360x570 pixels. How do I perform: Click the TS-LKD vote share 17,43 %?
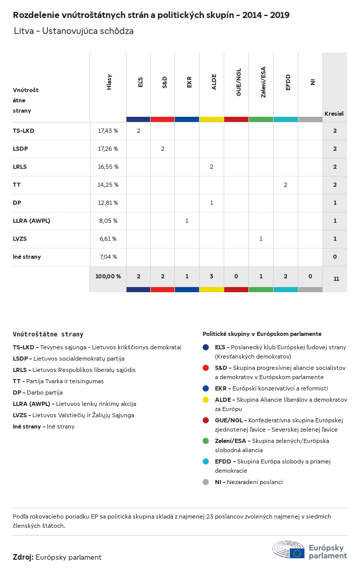[x=108, y=131]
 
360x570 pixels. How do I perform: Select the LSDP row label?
[x=21, y=149]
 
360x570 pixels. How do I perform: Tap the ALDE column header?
[x=214, y=82]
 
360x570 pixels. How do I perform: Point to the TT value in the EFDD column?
[x=285, y=185]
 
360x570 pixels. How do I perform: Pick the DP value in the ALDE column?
[x=211, y=203]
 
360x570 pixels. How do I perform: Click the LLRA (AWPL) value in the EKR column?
[x=187, y=221]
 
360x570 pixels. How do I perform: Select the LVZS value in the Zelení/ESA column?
[x=261, y=239]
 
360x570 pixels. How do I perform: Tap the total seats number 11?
[x=336, y=279]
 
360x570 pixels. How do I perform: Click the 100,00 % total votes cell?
[x=108, y=276]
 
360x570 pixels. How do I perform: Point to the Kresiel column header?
[x=334, y=114]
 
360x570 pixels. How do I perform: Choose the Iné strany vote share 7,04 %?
[x=108, y=257]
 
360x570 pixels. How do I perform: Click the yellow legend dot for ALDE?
[x=206, y=400]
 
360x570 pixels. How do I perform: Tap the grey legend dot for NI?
[x=206, y=482]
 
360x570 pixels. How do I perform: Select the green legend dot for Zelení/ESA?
[x=206, y=441]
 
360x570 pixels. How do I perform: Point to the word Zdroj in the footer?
[x=23, y=557]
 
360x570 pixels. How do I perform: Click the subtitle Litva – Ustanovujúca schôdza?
[x=74, y=31]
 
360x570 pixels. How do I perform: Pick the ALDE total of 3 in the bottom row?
[x=211, y=276]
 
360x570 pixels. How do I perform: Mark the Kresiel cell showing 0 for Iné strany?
[x=335, y=257]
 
